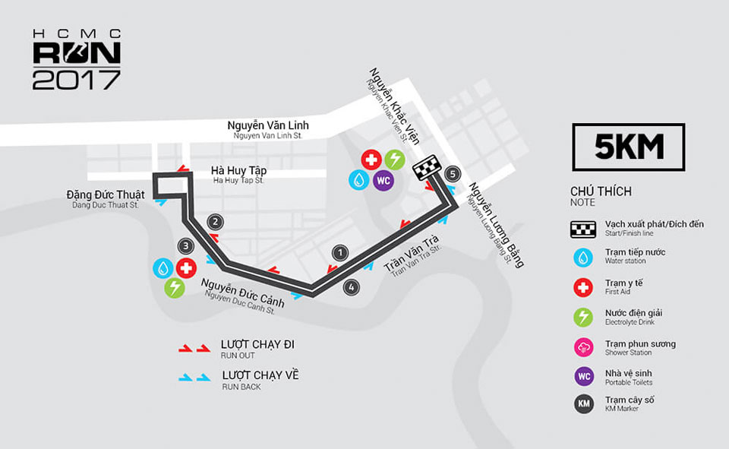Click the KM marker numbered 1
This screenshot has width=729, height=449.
coord(340,253)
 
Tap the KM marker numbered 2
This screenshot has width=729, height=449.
coord(215,222)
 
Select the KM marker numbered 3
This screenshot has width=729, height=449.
coord(185,246)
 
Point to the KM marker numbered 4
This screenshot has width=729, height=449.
coord(352,287)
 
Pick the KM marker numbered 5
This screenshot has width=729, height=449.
coord(453,174)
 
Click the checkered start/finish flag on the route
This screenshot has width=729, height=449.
coord(427,167)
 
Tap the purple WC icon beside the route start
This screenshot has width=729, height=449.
coord(383,180)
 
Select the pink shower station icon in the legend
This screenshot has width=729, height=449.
coord(583,347)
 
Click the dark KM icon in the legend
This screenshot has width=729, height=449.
coord(583,404)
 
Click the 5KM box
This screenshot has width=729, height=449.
coord(629,147)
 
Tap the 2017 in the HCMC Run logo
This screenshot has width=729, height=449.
coord(77,80)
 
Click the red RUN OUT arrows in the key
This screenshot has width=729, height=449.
coord(195,348)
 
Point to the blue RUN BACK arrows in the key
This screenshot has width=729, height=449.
coord(195,378)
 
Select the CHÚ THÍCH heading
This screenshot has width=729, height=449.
coord(601,191)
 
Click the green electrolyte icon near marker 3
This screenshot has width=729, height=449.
coord(175,287)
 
